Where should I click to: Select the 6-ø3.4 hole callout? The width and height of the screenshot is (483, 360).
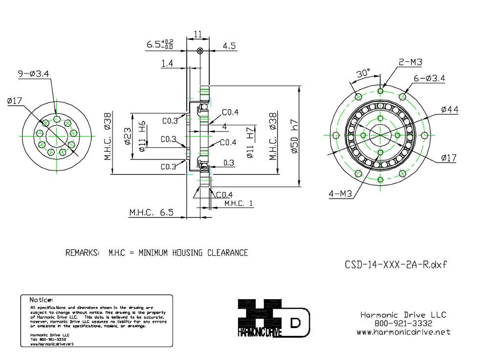click(429, 79)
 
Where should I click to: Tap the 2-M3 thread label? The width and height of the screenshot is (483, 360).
click(410, 62)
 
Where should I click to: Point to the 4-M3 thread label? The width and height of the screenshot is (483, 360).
click(340, 194)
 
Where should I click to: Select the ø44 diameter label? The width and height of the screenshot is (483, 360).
click(449, 110)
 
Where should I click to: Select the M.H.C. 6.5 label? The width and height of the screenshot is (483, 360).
click(151, 213)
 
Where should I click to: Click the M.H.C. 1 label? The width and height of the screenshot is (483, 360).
click(239, 203)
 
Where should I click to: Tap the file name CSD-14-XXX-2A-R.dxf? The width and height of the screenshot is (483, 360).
click(396, 265)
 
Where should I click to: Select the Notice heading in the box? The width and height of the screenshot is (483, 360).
click(41, 300)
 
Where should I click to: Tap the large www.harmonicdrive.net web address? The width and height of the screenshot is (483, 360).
click(403, 332)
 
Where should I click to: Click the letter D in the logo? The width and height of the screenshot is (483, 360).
click(296, 323)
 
